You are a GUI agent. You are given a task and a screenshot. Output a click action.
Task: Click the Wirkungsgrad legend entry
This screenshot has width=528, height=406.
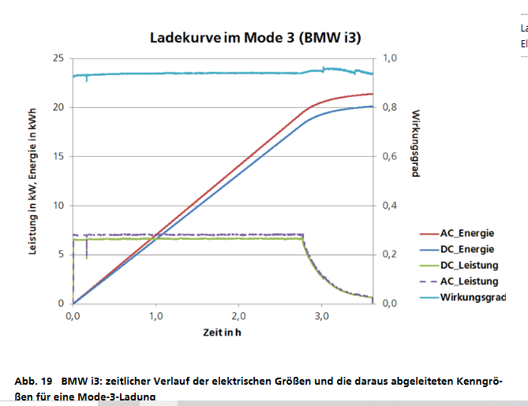pyautogui.click(x=472, y=297)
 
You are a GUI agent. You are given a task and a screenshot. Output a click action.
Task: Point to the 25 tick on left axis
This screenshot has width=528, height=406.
pyautogui.click(x=58, y=58)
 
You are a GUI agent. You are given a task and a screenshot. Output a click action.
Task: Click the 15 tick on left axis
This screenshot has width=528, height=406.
pyautogui.click(x=58, y=156)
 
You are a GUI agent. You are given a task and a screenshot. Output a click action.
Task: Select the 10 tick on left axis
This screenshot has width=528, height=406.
pyautogui.click(x=58, y=206)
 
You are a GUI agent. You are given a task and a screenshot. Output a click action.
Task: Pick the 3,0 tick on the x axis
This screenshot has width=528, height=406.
pyautogui.click(x=321, y=316)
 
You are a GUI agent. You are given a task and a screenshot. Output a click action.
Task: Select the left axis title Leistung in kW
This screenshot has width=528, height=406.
pyautogui.click(x=33, y=181)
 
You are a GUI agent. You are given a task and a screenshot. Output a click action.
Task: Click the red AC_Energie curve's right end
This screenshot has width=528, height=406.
pyautogui.click(x=372, y=94)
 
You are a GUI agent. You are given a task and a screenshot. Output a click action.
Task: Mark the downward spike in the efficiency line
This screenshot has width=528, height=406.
pyautogui.click(x=87, y=80)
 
